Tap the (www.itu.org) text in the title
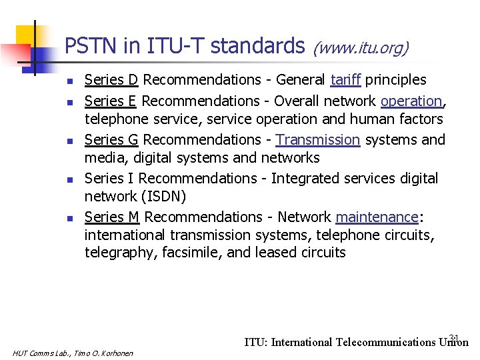click(361, 47)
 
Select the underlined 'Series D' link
click(111, 80)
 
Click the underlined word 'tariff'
click(345, 80)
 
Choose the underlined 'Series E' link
click(111, 101)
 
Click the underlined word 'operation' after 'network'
click(411, 101)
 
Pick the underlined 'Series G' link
click(111, 140)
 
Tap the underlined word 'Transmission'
click(317, 140)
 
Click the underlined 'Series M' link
click(112, 217)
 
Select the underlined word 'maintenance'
click(376, 217)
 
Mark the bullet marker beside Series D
click(69, 81)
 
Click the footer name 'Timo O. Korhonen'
click(106, 353)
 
